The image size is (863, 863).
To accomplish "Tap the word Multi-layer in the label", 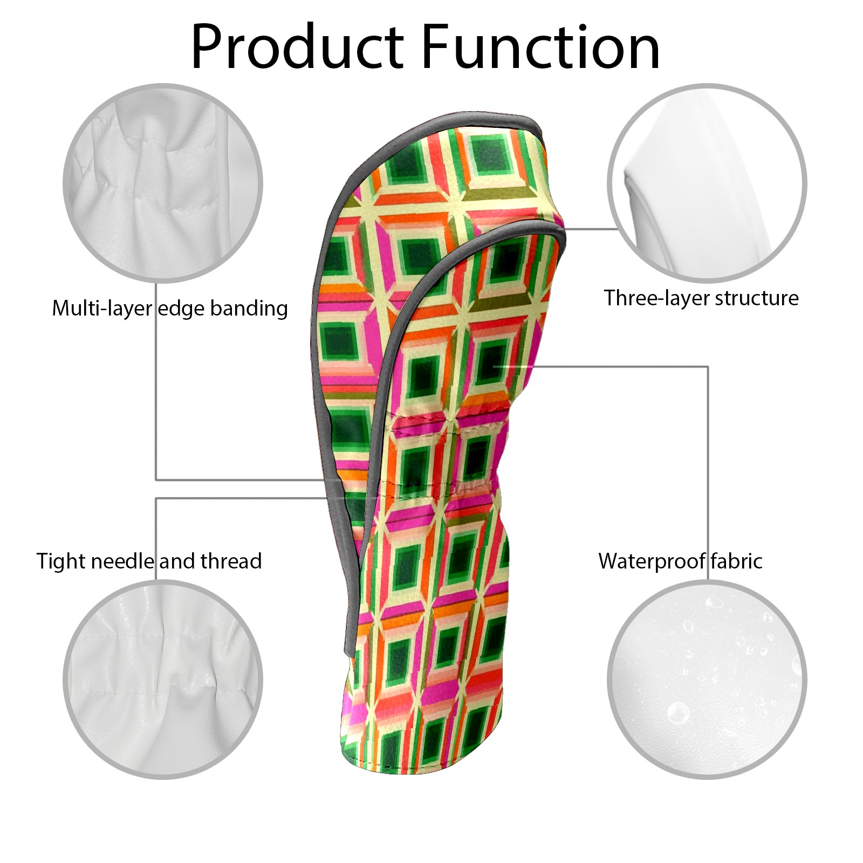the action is pyautogui.click(x=102, y=309).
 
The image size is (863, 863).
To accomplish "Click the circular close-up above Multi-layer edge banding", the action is pyautogui.click(x=163, y=183).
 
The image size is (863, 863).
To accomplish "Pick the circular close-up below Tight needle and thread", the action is pyautogui.click(x=163, y=680).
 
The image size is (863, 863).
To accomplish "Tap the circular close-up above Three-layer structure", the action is pyautogui.click(x=707, y=183).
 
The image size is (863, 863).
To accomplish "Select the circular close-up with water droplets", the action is pyautogui.click(x=707, y=680).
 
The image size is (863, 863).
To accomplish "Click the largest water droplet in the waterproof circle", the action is pyautogui.click(x=677, y=713).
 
